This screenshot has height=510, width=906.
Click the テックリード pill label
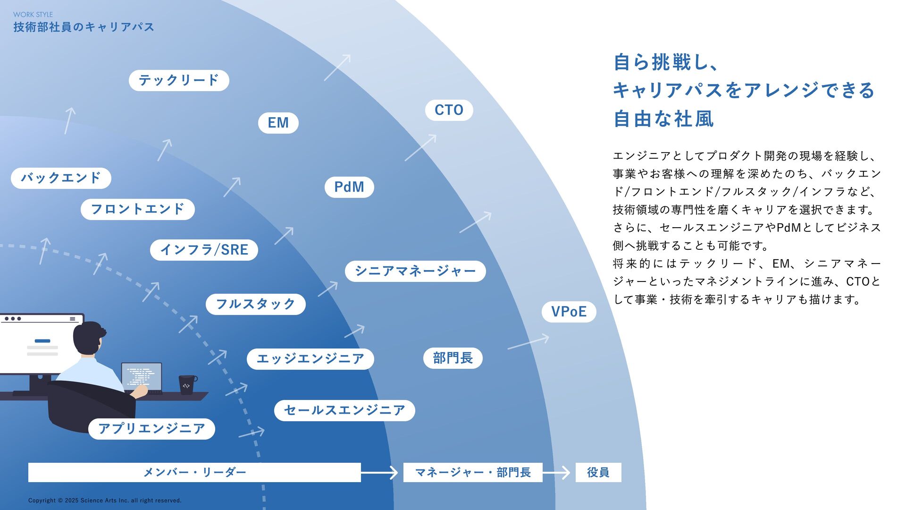pyautogui.click(x=179, y=80)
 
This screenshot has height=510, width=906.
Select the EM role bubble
pyautogui.click(x=278, y=123)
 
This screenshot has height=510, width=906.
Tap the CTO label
pyautogui.click(x=449, y=110)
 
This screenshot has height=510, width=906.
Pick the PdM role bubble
pyautogui.click(x=349, y=187)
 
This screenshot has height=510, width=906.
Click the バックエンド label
pyautogui.click(x=61, y=178)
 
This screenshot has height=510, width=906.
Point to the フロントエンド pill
pyautogui.click(x=137, y=209)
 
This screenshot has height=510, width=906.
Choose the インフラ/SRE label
pyautogui.click(x=204, y=250)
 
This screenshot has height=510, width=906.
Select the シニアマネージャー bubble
pyautogui.click(x=415, y=271)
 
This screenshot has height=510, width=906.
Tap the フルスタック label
pyautogui.click(x=255, y=304)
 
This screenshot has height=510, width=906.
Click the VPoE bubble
pyautogui.click(x=569, y=312)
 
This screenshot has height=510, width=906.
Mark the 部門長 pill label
pyautogui.click(x=453, y=358)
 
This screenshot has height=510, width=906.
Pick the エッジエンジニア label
pyautogui.click(x=310, y=359)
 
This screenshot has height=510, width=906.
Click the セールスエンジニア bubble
pyautogui.click(x=344, y=410)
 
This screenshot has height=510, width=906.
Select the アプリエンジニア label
pyautogui.click(x=151, y=429)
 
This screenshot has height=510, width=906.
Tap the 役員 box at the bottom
pyautogui.click(x=598, y=472)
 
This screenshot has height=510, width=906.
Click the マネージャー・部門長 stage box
pyautogui.click(x=472, y=472)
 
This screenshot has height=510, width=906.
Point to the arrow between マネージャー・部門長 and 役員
pyautogui.click(x=559, y=472)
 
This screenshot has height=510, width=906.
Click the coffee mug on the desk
pyautogui.click(x=187, y=384)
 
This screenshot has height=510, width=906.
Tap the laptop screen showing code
pyautogui.click(x=141, y=376)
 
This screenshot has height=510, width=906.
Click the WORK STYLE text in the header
pyautogui.click(x=33, y=15)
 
